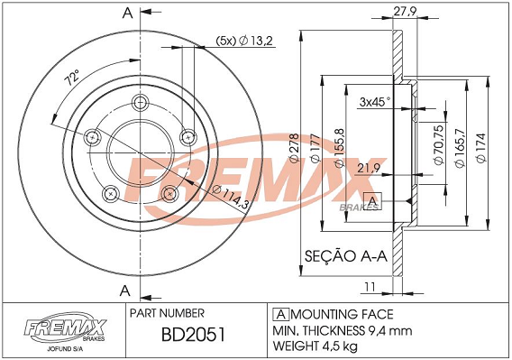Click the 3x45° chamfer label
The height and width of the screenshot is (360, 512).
click(374, 101)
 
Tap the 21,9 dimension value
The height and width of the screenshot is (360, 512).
click(366, 168)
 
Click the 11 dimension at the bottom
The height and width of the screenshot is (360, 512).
click(369, 286)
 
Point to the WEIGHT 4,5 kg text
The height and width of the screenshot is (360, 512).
click(325, 345)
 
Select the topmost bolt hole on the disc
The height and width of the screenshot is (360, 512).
click(138, 101)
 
